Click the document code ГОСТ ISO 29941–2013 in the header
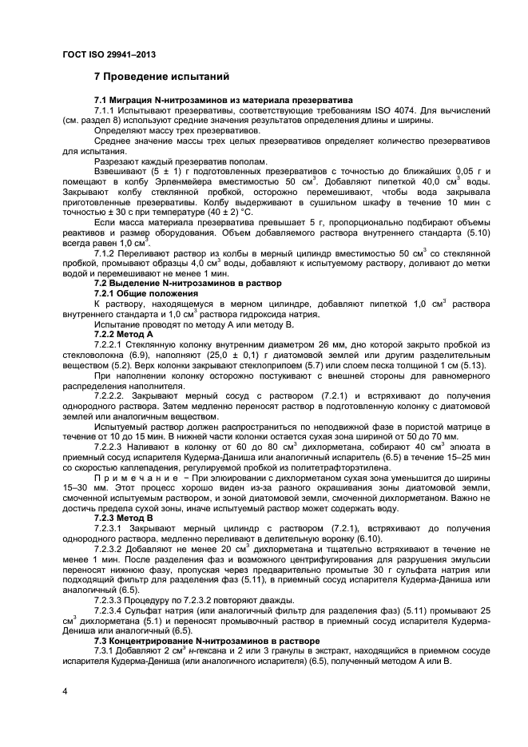[x=108, y=54]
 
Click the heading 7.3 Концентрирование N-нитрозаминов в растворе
[x=207, y=641]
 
